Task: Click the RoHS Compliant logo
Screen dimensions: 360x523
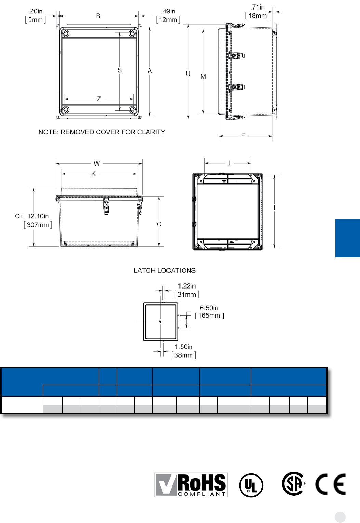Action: pos(191,485)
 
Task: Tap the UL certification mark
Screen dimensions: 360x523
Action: pos(251,485)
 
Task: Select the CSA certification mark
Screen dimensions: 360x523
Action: pos(293,484)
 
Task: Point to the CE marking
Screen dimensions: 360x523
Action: pos(330,484)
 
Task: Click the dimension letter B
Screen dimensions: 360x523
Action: pos(98,16)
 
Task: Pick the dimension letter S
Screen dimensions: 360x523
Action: pos(120,70)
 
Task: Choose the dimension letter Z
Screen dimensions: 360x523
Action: pos(99,99)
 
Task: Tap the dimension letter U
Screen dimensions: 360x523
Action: pos(188,74)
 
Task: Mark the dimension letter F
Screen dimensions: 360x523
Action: pos(243,136)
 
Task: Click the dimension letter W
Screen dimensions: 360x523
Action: pos(97,164)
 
